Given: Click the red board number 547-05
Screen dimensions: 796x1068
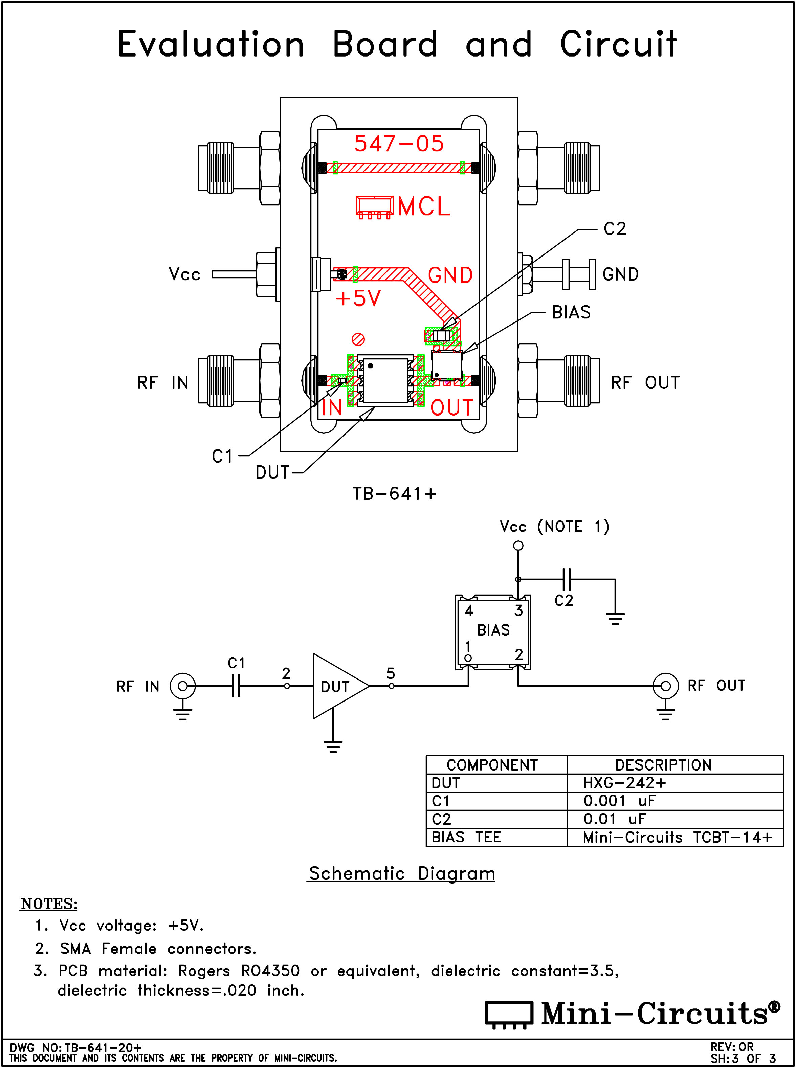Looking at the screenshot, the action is click(x=399, y=143).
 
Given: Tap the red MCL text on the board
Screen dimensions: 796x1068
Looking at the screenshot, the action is click(x=424, y=206).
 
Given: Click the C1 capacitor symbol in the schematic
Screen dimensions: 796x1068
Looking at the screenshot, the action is click(x=236, y=686).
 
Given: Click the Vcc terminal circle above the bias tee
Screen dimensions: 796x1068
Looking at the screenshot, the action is click(x=518, y=545).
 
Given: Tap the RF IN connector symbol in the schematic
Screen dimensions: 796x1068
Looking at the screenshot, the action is click(x=183, y=686).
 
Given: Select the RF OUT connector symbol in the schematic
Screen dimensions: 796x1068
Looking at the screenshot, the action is click(x=665, y=686).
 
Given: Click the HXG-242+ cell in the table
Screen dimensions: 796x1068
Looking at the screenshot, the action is click(x=624, y=783).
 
